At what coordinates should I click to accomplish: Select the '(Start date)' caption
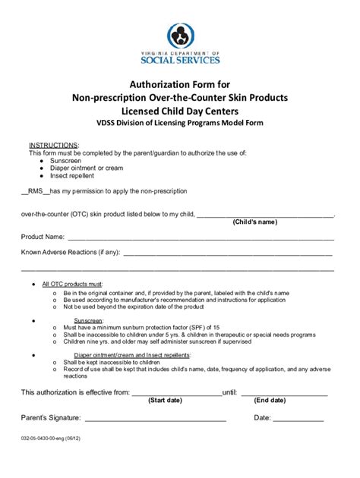[x=169, y=400]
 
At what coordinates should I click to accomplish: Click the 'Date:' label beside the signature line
[x=261, y=417]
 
